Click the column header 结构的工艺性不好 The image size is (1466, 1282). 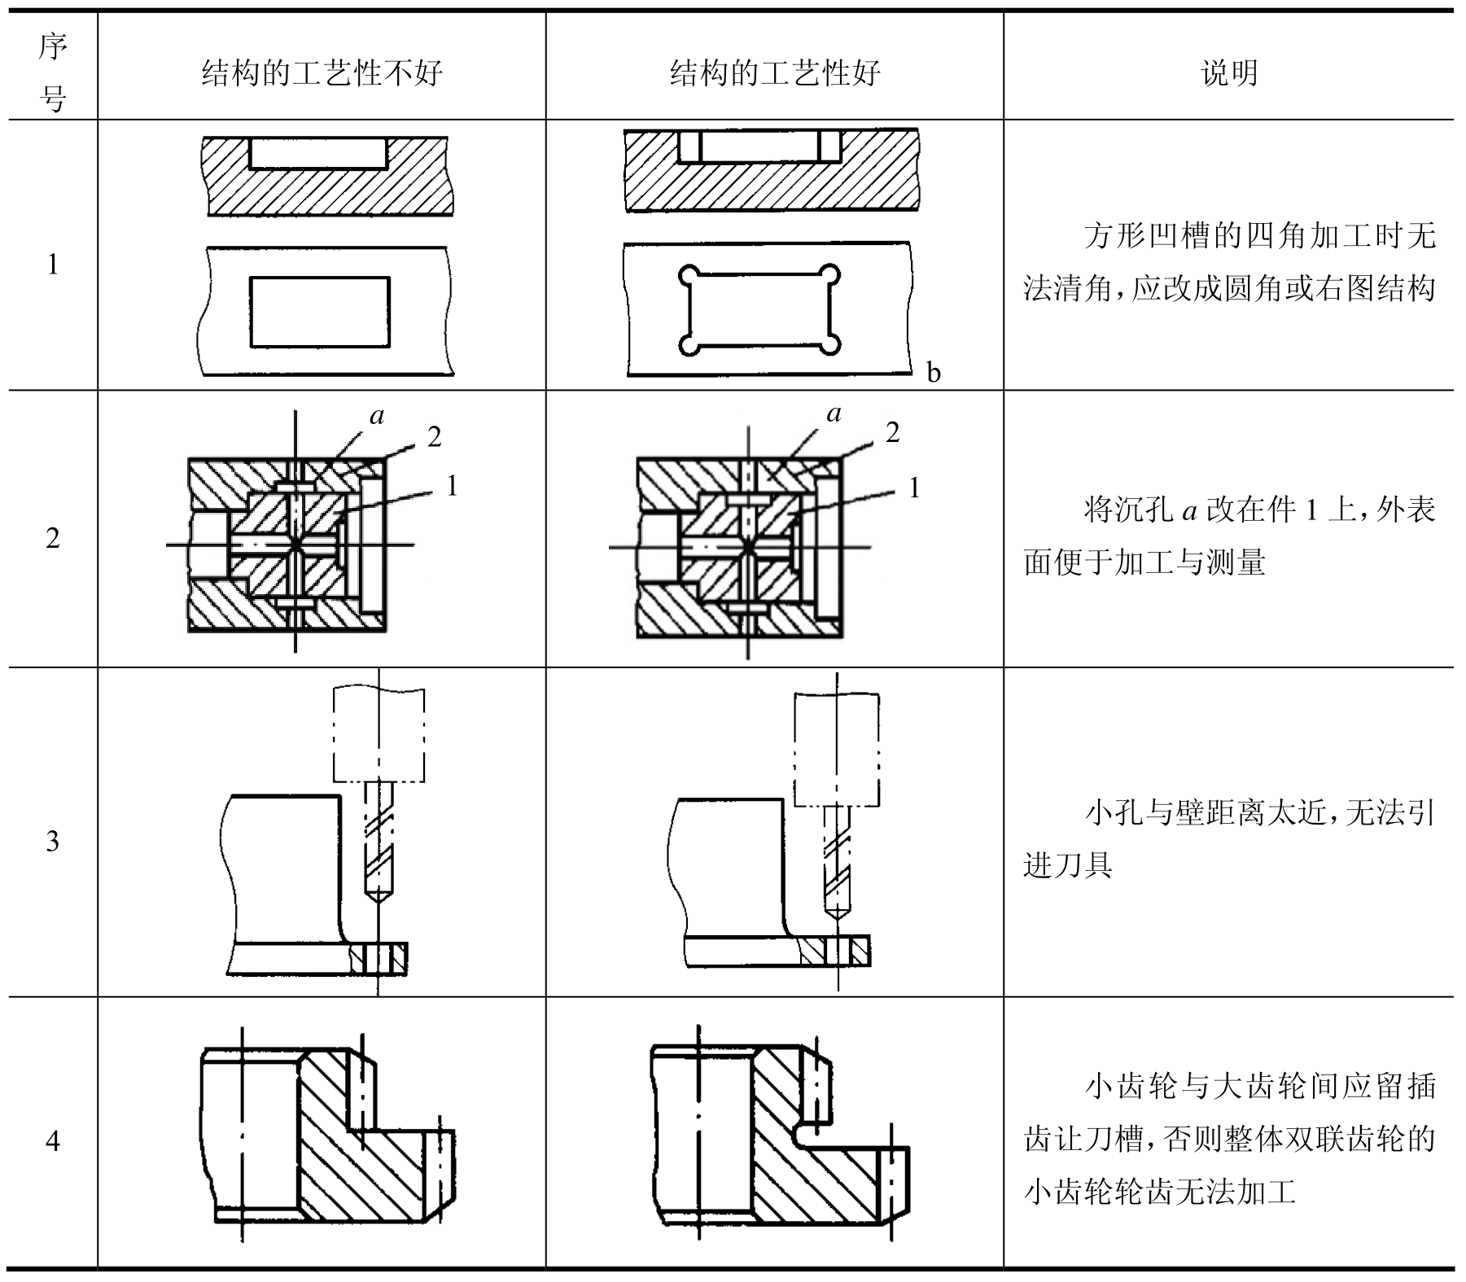[x=322, y=73]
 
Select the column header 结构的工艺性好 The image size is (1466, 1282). [x=774, y=73]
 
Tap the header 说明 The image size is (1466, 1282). [x=1229, y=73]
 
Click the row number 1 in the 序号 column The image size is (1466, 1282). [x=53, y=265]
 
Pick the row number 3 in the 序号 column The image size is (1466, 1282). [x=53, y=841]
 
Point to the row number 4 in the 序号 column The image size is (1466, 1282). [x=53, y=1141]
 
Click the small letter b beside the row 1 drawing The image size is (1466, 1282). [x=934, y=373]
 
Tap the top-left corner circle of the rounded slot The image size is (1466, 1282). [x=689, y=274]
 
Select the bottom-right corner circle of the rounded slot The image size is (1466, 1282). [x=829, y=344]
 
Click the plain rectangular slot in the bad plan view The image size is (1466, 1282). [x=319, y=312]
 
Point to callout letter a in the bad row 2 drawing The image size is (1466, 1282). [x=377, y=417]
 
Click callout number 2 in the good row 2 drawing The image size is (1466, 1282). [x=893, y=433]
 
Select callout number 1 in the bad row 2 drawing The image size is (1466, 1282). [x=452, y=486]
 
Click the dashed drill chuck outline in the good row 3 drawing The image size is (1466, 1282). [x=837, y=749]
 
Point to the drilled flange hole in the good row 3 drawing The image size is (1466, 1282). [x=837, y=951]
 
